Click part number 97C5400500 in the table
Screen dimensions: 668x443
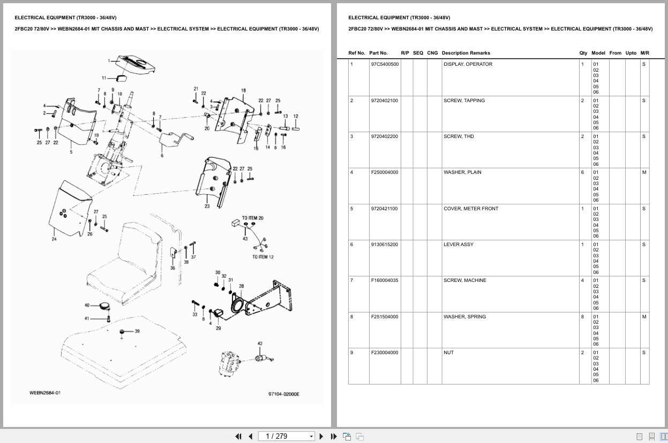tap(385, 64)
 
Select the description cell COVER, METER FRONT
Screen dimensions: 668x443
tap(471, 209)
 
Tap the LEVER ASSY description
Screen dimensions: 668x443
tap(459, 245)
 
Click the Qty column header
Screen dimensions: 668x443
tap(583, 53)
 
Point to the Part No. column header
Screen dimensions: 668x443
tap(378, 53)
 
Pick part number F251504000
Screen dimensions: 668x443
tap(385, 317)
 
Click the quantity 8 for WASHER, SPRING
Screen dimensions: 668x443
tap(582, 317)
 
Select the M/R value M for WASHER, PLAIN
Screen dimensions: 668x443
tap(644, 172)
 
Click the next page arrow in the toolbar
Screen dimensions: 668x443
tap(321, 437)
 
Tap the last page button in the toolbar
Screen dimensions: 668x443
tap(334, 437)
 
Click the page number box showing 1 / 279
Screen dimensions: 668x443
tap(286, 437)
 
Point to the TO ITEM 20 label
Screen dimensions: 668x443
tap(253, 218)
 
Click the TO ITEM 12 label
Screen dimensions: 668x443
tap(262, 257)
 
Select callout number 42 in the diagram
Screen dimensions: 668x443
tap(260, 343)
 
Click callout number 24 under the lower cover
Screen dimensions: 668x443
tap(54, 239)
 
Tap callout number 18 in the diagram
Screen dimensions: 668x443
tap(243, 90)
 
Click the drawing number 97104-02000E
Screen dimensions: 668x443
tap(284, 394)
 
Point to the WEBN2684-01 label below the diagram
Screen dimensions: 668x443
tap(45, 393)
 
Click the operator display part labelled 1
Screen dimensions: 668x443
tap(136, 65)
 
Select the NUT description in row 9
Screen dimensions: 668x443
tap(448, 353)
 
